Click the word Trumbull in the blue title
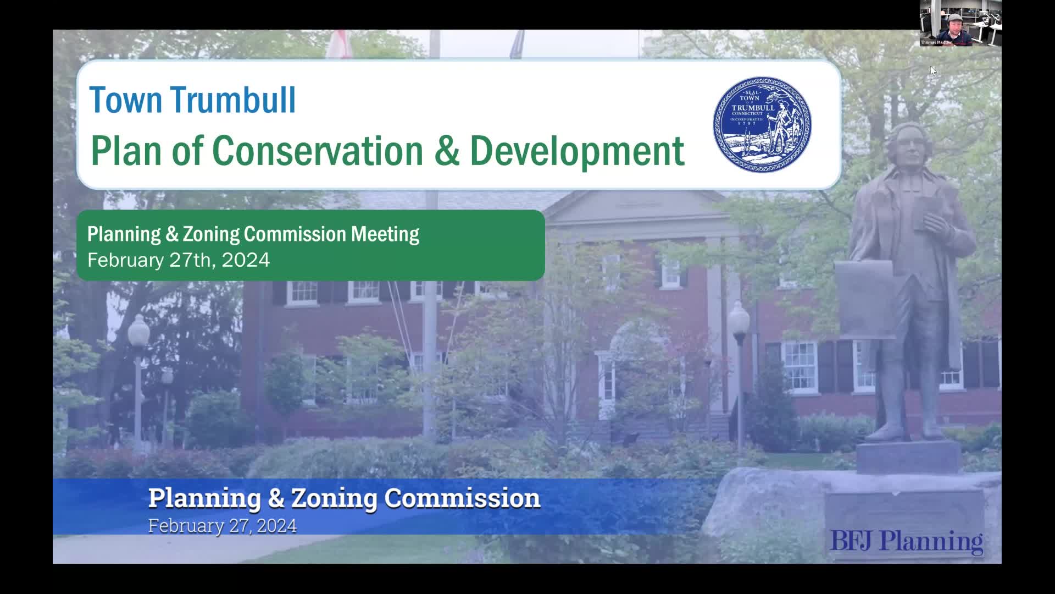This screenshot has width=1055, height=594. click(233, 100)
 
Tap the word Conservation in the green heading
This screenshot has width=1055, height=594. click(317, 151)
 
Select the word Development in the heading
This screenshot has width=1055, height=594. click(577, 151)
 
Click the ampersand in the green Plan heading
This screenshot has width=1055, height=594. click(446, 151)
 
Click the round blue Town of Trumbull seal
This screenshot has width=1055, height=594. click(762, 124)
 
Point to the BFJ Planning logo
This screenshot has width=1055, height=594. click(906, 541)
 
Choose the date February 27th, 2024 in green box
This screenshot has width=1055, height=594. click(179, 260)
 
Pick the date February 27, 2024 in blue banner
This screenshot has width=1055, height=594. click(222, 526)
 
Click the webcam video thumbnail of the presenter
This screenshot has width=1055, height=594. click(960, 23)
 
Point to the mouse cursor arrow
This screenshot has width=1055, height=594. click(932, 70)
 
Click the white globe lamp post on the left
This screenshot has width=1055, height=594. click(138, 330)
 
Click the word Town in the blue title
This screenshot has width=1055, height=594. click(126, 100)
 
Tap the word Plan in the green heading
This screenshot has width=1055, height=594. click(127, 151)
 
